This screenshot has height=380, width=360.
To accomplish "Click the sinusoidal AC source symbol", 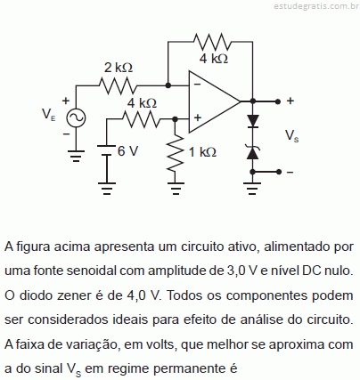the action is (x=76, y=118).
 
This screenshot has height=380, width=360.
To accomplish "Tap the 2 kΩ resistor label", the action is (x=119, y=68).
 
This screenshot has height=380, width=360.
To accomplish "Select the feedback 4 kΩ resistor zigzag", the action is (x=212, y=42).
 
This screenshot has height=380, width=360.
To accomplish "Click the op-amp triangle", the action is (x=215, y=101).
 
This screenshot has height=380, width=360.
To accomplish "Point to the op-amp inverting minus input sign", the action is (x=197, y=85).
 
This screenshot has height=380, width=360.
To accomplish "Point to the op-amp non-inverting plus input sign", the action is (x=198, y=117).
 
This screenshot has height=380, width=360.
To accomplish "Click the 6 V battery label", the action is (x=127, y=151).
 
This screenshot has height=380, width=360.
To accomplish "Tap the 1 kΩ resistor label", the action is (x=203, y=152).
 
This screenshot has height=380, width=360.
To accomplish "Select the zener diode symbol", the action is (x=253, y=152).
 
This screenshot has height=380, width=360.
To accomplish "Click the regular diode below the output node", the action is (x=253, y=121).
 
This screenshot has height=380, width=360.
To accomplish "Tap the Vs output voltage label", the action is (x=291, y=135).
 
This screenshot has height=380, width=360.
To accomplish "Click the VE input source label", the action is (x=48, y=114).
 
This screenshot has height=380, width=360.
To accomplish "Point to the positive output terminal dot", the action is (x=278, y=101).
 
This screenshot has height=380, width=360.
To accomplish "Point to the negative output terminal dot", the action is (x=278, y=172).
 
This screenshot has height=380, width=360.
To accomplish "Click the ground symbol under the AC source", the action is (x=76, y=157).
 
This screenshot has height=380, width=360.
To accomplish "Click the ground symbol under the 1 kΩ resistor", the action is (x=176, y=189).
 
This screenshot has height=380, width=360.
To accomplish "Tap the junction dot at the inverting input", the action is (x=168, y=85).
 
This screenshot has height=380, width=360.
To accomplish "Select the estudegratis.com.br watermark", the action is (x=316, y=6).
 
